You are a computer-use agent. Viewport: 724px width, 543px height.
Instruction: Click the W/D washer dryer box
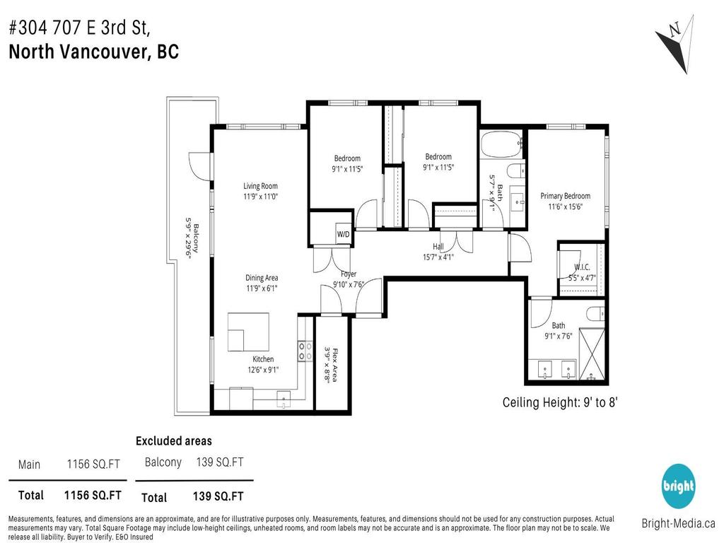point(343,233)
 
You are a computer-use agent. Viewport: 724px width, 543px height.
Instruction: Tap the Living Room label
point(261,186)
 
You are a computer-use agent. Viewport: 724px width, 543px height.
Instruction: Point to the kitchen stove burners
point(306,351)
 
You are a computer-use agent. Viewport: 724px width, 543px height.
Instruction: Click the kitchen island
point(248,332)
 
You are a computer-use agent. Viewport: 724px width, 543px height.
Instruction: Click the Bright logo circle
point(677,486)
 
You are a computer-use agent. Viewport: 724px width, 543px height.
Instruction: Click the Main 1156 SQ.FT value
point(93,465)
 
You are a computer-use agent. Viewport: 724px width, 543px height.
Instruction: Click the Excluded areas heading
point(173,441)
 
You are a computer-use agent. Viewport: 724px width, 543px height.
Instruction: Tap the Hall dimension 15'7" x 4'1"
point(438,257)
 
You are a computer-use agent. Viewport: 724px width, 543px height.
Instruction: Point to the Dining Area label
point(261,278)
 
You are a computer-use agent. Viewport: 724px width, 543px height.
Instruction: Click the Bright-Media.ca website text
point(677,524)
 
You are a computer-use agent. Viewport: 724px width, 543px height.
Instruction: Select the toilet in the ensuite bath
point(595,314)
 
